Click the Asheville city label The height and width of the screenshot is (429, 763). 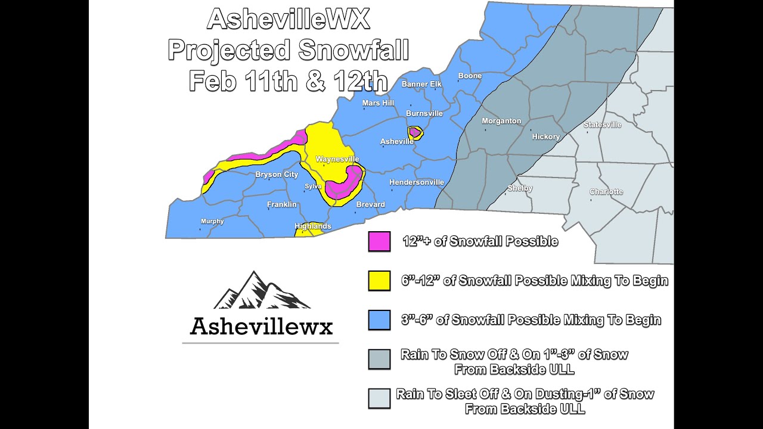pyautogui.click(x=397, y=141)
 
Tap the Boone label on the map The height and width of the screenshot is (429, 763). pyautogui.click(x=470, y=76)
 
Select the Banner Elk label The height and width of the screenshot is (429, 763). pyautogui.click(x=421, y=84)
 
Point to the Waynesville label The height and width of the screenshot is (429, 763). pyautogui.click(x=337, y=159)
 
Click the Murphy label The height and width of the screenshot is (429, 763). pyautogui.click(x=212, y=221)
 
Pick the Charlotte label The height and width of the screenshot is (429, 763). pyautogui.click(x=606, y=192)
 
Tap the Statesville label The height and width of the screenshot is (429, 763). pyautogui.click(x=602, y=125)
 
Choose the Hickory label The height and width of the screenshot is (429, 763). pyautogui.click(x=546, y=136)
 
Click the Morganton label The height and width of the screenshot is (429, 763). pyautogui.click(x=501, y=121)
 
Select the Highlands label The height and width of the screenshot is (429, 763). pyautogui.click(x=313, y=226)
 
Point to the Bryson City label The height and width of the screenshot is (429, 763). pyautogui.click(x=277, y=175)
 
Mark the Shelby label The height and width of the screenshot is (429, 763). pyautogui.click(x=520, y=188)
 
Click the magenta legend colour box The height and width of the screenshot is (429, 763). pyautogui.click(x=379, y=241)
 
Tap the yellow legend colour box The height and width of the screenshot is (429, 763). pyautogui.click(x=379, y=281)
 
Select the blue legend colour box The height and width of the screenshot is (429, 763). pyautogui.click(x=379, y=320)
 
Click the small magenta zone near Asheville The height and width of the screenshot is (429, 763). pyautogui.click(x=414, y=132)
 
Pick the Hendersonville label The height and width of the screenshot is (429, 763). pyautogui.click(x=417, y=182)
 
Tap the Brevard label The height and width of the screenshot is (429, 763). pyautogui.click(x=370, y=204)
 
